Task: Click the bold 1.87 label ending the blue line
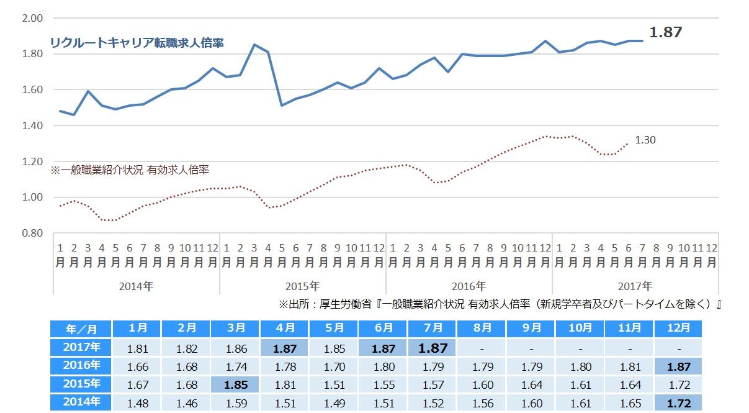665,32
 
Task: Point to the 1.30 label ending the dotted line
645,140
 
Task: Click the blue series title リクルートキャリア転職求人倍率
137,43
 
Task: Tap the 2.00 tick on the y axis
32,18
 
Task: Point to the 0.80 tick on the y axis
32,233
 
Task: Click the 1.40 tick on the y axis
32,125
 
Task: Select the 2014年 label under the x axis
137,286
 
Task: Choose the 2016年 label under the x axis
469,286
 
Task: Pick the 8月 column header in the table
482,329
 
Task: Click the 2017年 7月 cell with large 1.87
433,347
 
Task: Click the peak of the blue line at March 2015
254,44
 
